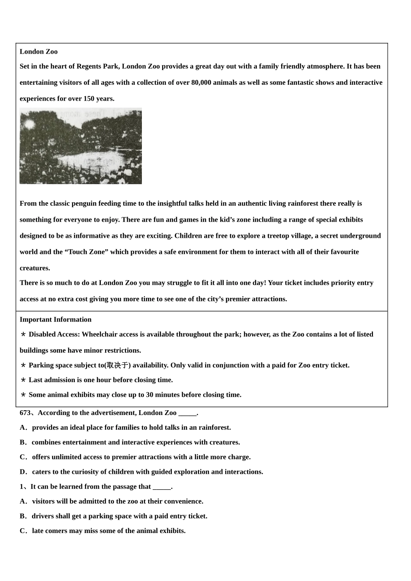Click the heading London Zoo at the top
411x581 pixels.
(x=39, y=51)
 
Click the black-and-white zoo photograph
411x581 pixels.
(x=80, y=146)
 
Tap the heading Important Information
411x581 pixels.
(x=55, y=319)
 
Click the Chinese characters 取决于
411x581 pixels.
(x=118, y=365)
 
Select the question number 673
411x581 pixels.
(x=25, y=413)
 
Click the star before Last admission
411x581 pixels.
(x=23, y=380)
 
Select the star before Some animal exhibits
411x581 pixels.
(x=23, y=395)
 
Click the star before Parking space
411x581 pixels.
(x=23, y=365)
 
